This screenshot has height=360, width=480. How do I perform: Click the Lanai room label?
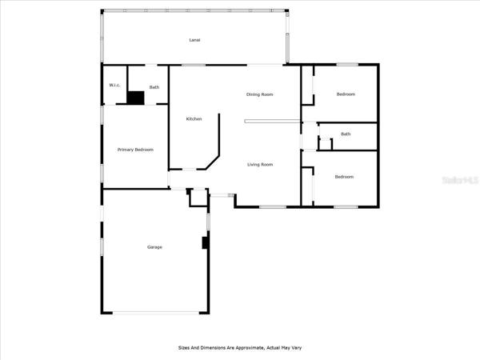coord(194,40)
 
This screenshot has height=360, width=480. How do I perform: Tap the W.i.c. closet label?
coord(114,85)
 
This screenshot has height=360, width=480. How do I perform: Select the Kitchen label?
coord(194,118)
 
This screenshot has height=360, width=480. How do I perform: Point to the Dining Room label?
coord(259,94)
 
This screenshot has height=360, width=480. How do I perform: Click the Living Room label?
coord(260,164)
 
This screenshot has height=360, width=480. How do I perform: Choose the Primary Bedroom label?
coord(135,150)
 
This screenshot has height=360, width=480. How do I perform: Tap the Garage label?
coord(154,247)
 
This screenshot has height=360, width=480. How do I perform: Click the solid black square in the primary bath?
coord(136,98)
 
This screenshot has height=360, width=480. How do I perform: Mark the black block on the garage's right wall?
coord(205,242)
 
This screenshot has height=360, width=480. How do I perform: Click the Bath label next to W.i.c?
coord(154,87)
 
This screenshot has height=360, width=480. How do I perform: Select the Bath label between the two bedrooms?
coord(346,134)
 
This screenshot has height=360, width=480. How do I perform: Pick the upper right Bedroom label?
coord(346,94)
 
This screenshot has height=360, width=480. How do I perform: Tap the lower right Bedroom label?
coord(344,177)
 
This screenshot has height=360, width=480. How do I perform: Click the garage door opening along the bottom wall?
coord(156,313)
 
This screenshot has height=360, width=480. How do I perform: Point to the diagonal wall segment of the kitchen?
coord(213,162)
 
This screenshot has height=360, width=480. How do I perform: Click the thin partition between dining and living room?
coord(273,122)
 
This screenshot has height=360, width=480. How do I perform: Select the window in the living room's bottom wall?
coord(273,207)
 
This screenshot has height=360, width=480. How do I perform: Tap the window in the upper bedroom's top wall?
coord(347,65)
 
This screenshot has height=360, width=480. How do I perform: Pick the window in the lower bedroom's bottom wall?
coord(346,207)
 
